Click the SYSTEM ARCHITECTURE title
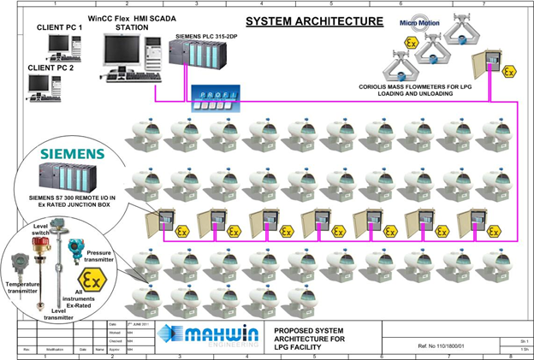tap(302, 21)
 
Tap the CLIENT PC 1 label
tap(59, 27)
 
